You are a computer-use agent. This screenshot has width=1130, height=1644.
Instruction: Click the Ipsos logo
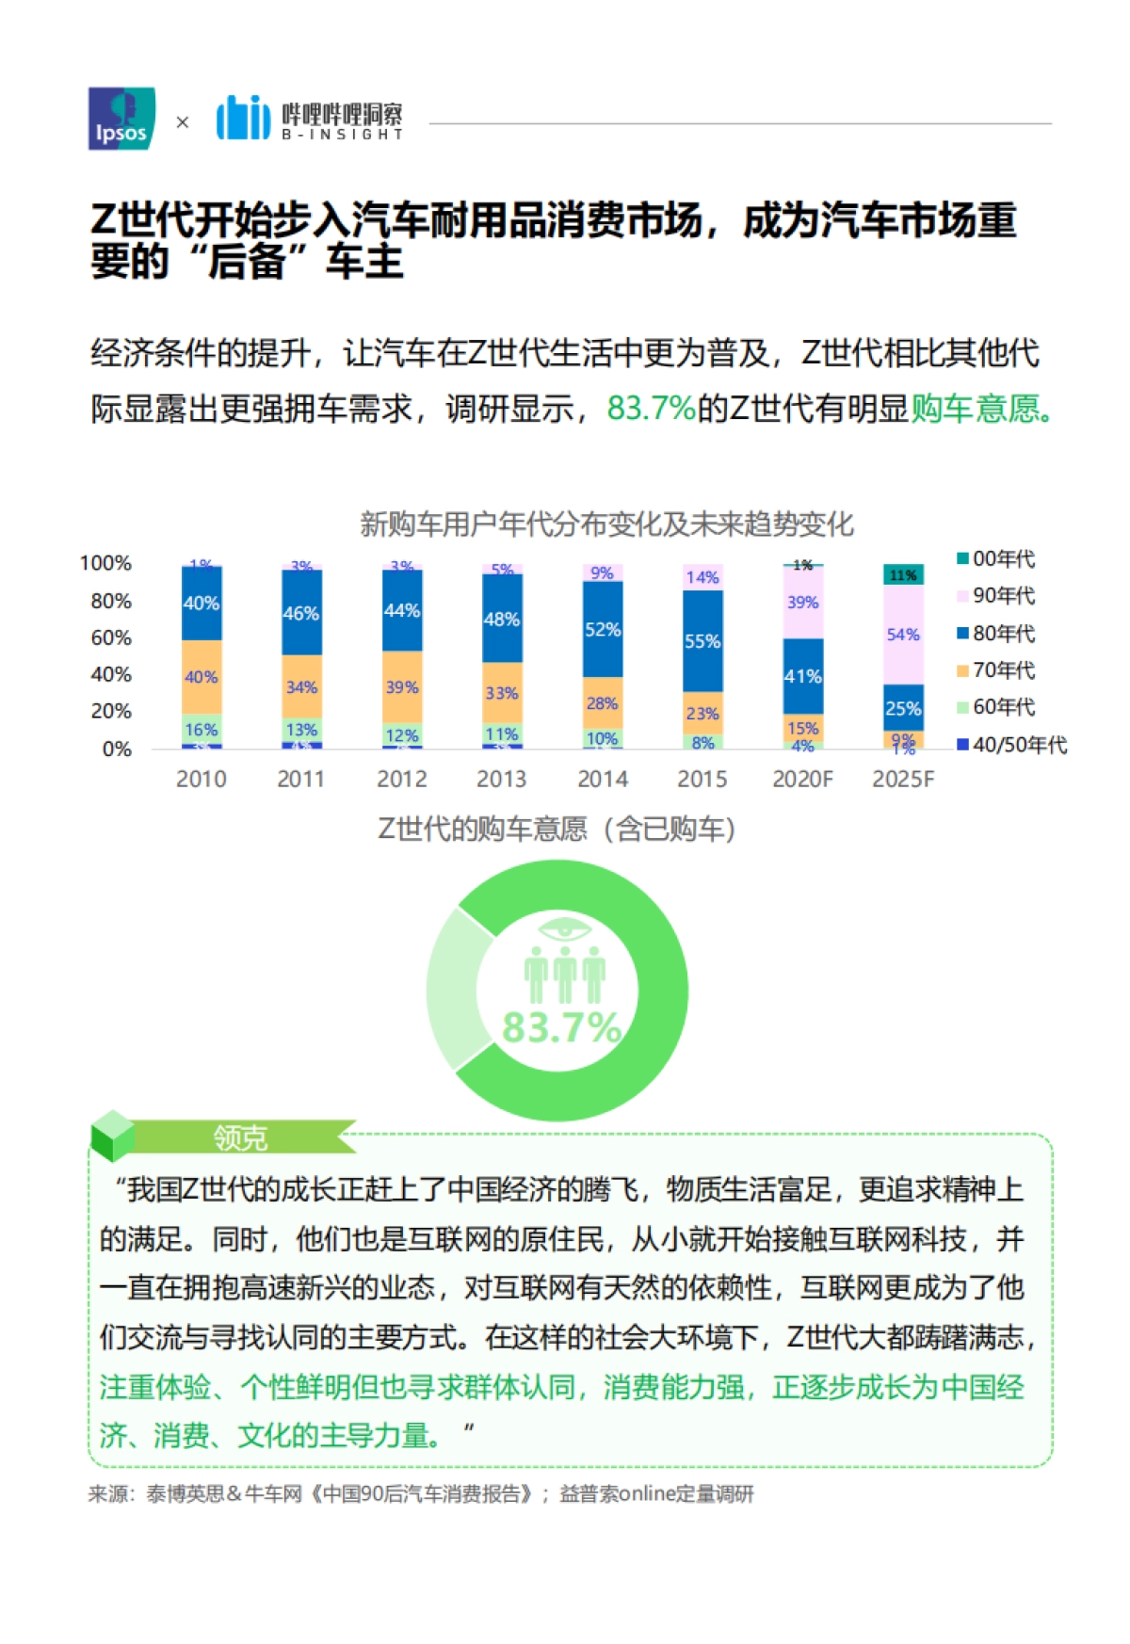click(121, 119)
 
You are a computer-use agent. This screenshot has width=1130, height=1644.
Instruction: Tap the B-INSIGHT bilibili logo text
click(342, 121)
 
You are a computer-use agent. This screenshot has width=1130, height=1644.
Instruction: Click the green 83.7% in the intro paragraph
click(651, 408)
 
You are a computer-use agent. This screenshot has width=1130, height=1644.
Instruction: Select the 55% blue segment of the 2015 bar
click(702, 640)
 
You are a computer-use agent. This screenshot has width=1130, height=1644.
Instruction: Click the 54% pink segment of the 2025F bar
click(902, 634)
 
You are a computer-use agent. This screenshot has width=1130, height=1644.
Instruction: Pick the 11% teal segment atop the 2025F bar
click(902, 574)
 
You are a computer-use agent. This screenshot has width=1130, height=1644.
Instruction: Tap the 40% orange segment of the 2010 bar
click(201, 676)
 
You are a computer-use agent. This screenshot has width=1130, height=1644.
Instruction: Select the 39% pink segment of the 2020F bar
click(802, 602)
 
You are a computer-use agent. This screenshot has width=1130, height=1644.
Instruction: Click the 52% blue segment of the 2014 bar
click(602, 629)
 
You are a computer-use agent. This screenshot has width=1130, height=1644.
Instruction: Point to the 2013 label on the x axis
click(501, 779)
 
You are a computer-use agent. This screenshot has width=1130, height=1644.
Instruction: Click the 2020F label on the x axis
click(802, 779)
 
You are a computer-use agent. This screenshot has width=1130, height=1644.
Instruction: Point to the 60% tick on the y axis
click(111, 637)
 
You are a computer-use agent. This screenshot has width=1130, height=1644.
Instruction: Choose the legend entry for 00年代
click(996, 559)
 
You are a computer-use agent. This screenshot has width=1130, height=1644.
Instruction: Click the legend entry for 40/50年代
click(1012, 745)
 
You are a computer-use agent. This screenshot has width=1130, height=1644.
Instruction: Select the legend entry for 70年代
click(996, 670)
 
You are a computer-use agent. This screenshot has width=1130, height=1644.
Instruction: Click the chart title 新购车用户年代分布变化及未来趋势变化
click(606, 524)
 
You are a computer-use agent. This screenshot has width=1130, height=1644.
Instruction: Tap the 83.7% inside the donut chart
click(561, 1027)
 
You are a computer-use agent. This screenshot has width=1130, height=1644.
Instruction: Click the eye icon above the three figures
click(564, 929)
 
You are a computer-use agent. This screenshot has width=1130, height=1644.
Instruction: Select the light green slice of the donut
click(450, 989)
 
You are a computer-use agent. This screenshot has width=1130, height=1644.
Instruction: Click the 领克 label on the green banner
click(240, 1137)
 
